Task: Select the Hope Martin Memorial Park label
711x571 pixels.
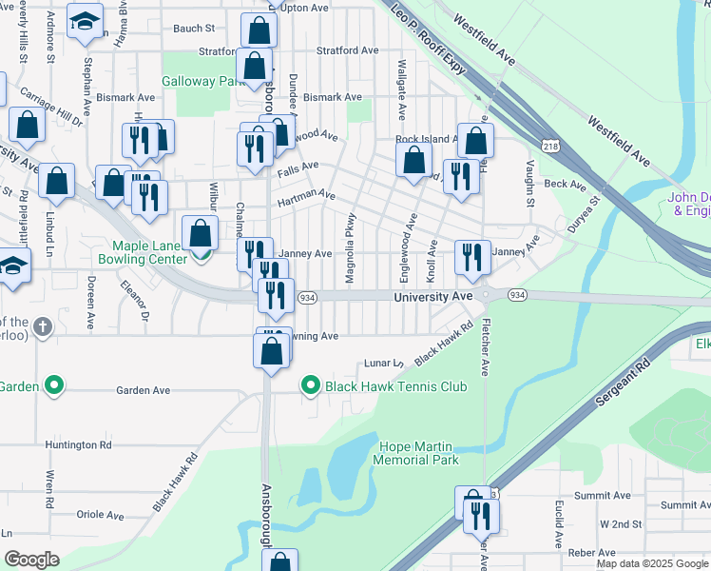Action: (419, 453)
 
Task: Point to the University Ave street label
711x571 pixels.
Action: (433, 298)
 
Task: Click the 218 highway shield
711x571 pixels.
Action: (549, 146)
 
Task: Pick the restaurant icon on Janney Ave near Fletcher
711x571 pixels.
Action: (471, 257)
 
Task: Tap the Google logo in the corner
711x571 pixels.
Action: (32, 560)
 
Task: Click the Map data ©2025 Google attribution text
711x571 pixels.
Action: (652, 563)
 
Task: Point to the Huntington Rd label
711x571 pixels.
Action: (84, 444)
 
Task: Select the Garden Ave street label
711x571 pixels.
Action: (143, 390)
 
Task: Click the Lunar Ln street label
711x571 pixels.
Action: (385, 364)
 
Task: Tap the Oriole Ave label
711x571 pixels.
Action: (100, 515)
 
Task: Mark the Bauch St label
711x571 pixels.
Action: (194, 29)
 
